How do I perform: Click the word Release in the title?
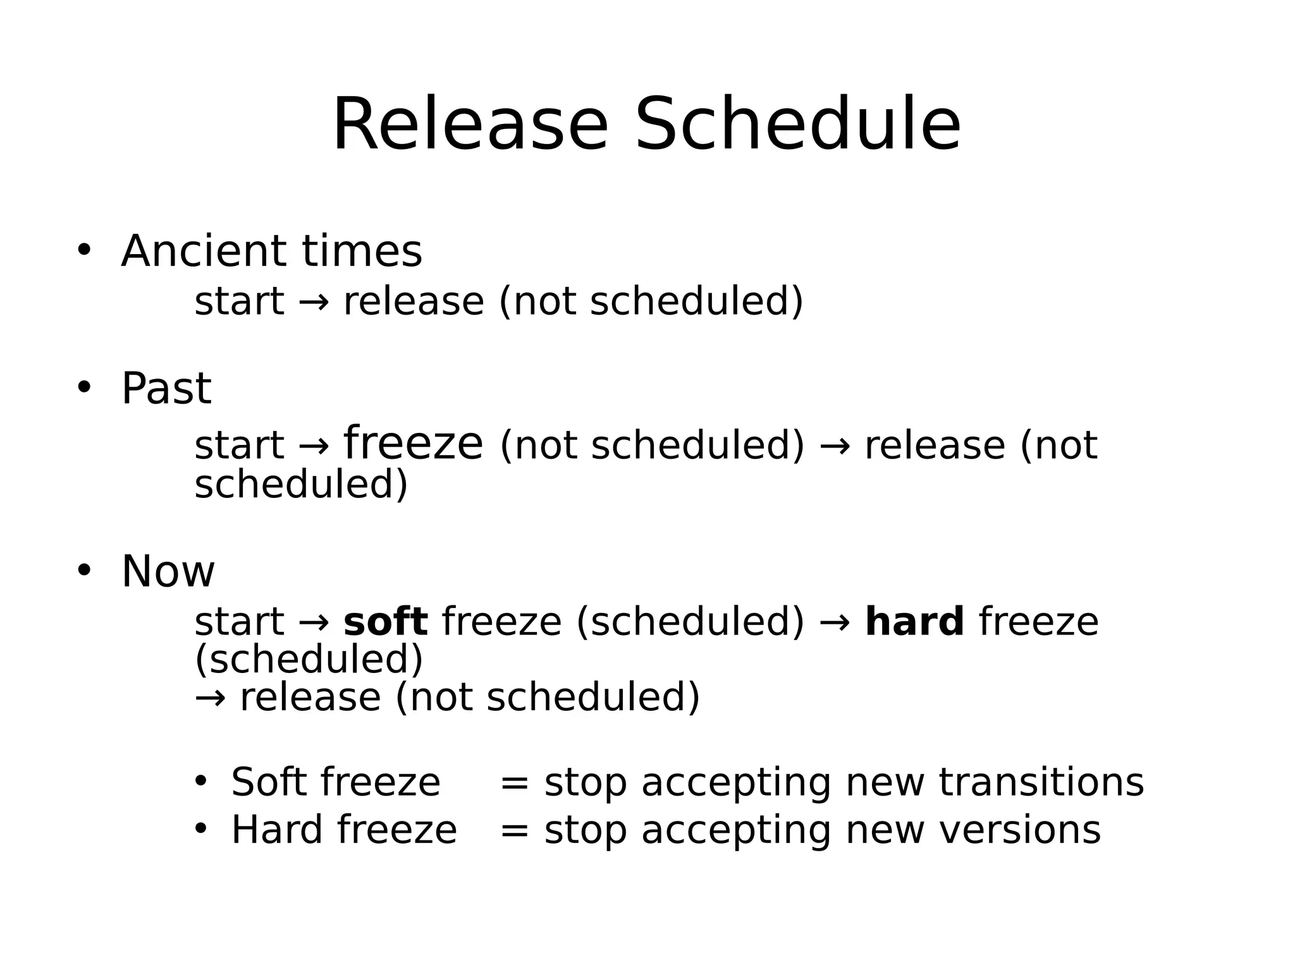click(x=470, y=124)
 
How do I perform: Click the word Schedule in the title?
click(x=797, y=124)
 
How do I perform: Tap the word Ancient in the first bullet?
click(x=203, y=251)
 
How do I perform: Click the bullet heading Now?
click(x=168, y=571)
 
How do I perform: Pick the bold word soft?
click(x=385, y=621)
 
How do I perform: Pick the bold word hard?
click(x=914, y=621)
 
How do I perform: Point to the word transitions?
click(x=1041, y=782)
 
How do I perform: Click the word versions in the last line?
click(x=1019, y=830)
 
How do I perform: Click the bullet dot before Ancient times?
click(x=84, y=250)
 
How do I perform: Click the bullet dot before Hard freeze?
click(x=200, y=828)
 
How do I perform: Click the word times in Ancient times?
click(x=362, y=251)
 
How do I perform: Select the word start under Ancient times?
click(x=239, y=301)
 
